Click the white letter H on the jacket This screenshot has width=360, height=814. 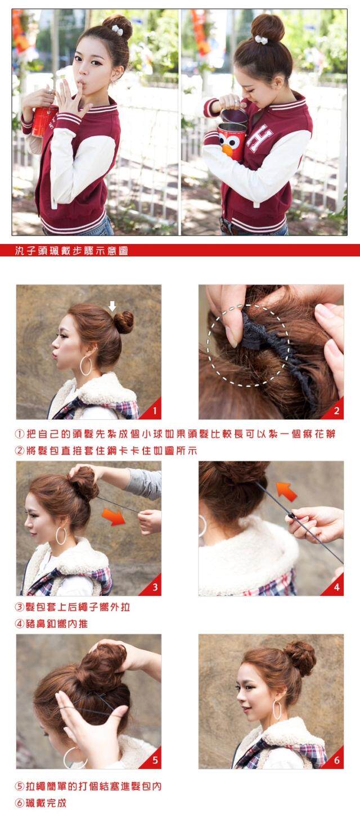click(x=260, y=138)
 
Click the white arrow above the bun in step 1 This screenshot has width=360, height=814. click(x=112, y=306)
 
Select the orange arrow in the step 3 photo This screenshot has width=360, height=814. click(x=113, y=516)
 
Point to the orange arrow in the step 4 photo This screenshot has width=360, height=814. click(x=286, y=491)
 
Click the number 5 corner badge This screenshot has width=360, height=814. click(x=152, y=761)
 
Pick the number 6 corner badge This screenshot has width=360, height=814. click(x=335, y=761)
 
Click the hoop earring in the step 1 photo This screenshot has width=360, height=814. click(x=85, y=366)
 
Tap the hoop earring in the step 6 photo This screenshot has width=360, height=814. click(x=277, y=709)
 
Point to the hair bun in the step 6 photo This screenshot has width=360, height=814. click(x=300, y=658)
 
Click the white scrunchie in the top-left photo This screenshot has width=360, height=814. click(x=117, y=30)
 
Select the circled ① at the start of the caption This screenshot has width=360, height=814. click(x=20, y=435)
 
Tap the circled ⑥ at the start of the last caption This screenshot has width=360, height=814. click(x=20, y=803)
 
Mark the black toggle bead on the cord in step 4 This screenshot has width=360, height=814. click(x=291, y=515)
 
